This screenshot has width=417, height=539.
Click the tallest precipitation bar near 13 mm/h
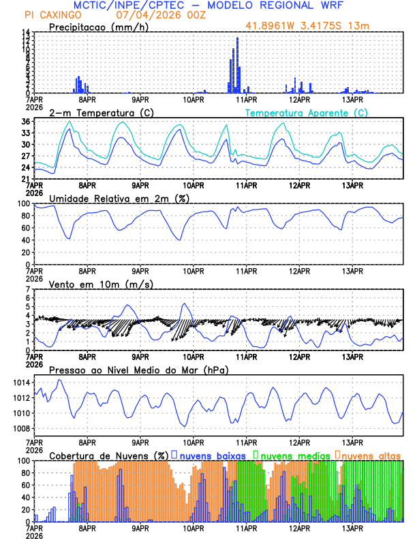click(237, 65)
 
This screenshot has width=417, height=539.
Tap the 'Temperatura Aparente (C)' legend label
click(306, 112)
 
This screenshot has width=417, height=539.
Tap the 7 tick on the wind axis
click(28, 289)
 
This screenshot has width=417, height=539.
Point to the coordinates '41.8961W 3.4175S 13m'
click(307, 27)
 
